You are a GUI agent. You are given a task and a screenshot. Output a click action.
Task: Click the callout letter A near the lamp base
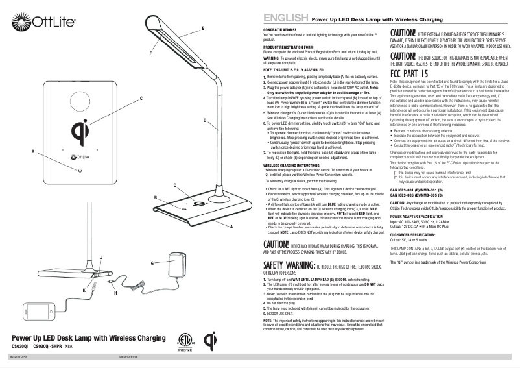click(231, 227)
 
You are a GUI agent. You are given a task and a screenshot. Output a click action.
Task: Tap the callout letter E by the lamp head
click(204, 28)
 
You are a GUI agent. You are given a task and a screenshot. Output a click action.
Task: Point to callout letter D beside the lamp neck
click(205, 121)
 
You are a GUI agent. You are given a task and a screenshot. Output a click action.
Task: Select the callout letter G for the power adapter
click(151, 263)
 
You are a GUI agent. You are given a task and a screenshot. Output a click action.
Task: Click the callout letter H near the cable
click(115, 294)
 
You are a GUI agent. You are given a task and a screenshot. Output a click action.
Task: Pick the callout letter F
click(151, 51)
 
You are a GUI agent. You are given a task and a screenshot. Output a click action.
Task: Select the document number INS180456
click(19, 357)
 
